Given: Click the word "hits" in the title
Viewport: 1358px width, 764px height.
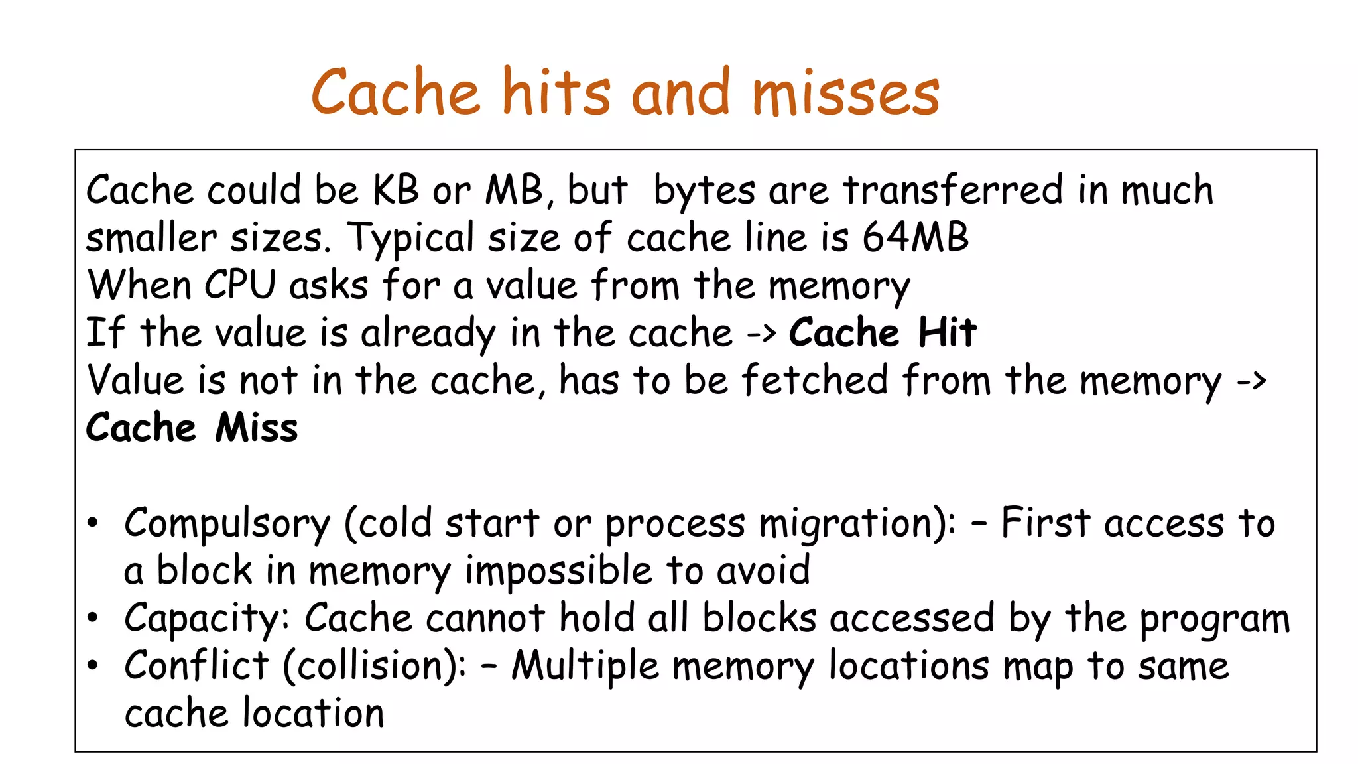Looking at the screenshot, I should coord(556,92).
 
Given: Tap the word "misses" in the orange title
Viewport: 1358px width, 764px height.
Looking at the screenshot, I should coord(845,94).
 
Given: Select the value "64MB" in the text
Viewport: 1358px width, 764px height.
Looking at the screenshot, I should coord(915,237).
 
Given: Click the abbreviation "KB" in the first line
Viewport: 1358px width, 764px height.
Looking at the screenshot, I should coord(396,190).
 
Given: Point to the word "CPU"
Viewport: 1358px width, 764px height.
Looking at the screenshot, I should coord(239,286).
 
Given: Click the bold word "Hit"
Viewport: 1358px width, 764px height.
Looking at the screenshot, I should coord(948,332).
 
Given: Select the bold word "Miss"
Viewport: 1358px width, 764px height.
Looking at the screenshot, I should coord(257,428).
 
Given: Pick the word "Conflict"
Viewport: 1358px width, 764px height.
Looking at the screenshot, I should coord(196,666).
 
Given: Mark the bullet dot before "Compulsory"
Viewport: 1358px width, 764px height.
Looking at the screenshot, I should coord(93,523).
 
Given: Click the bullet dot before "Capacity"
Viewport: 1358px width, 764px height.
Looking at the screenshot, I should coord(93,619).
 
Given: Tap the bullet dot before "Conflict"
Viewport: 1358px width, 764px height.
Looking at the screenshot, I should coord(93,666).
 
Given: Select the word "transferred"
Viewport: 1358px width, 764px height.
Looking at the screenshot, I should coord(953,190).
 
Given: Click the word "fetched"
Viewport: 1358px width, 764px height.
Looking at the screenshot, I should coord(814,381).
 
